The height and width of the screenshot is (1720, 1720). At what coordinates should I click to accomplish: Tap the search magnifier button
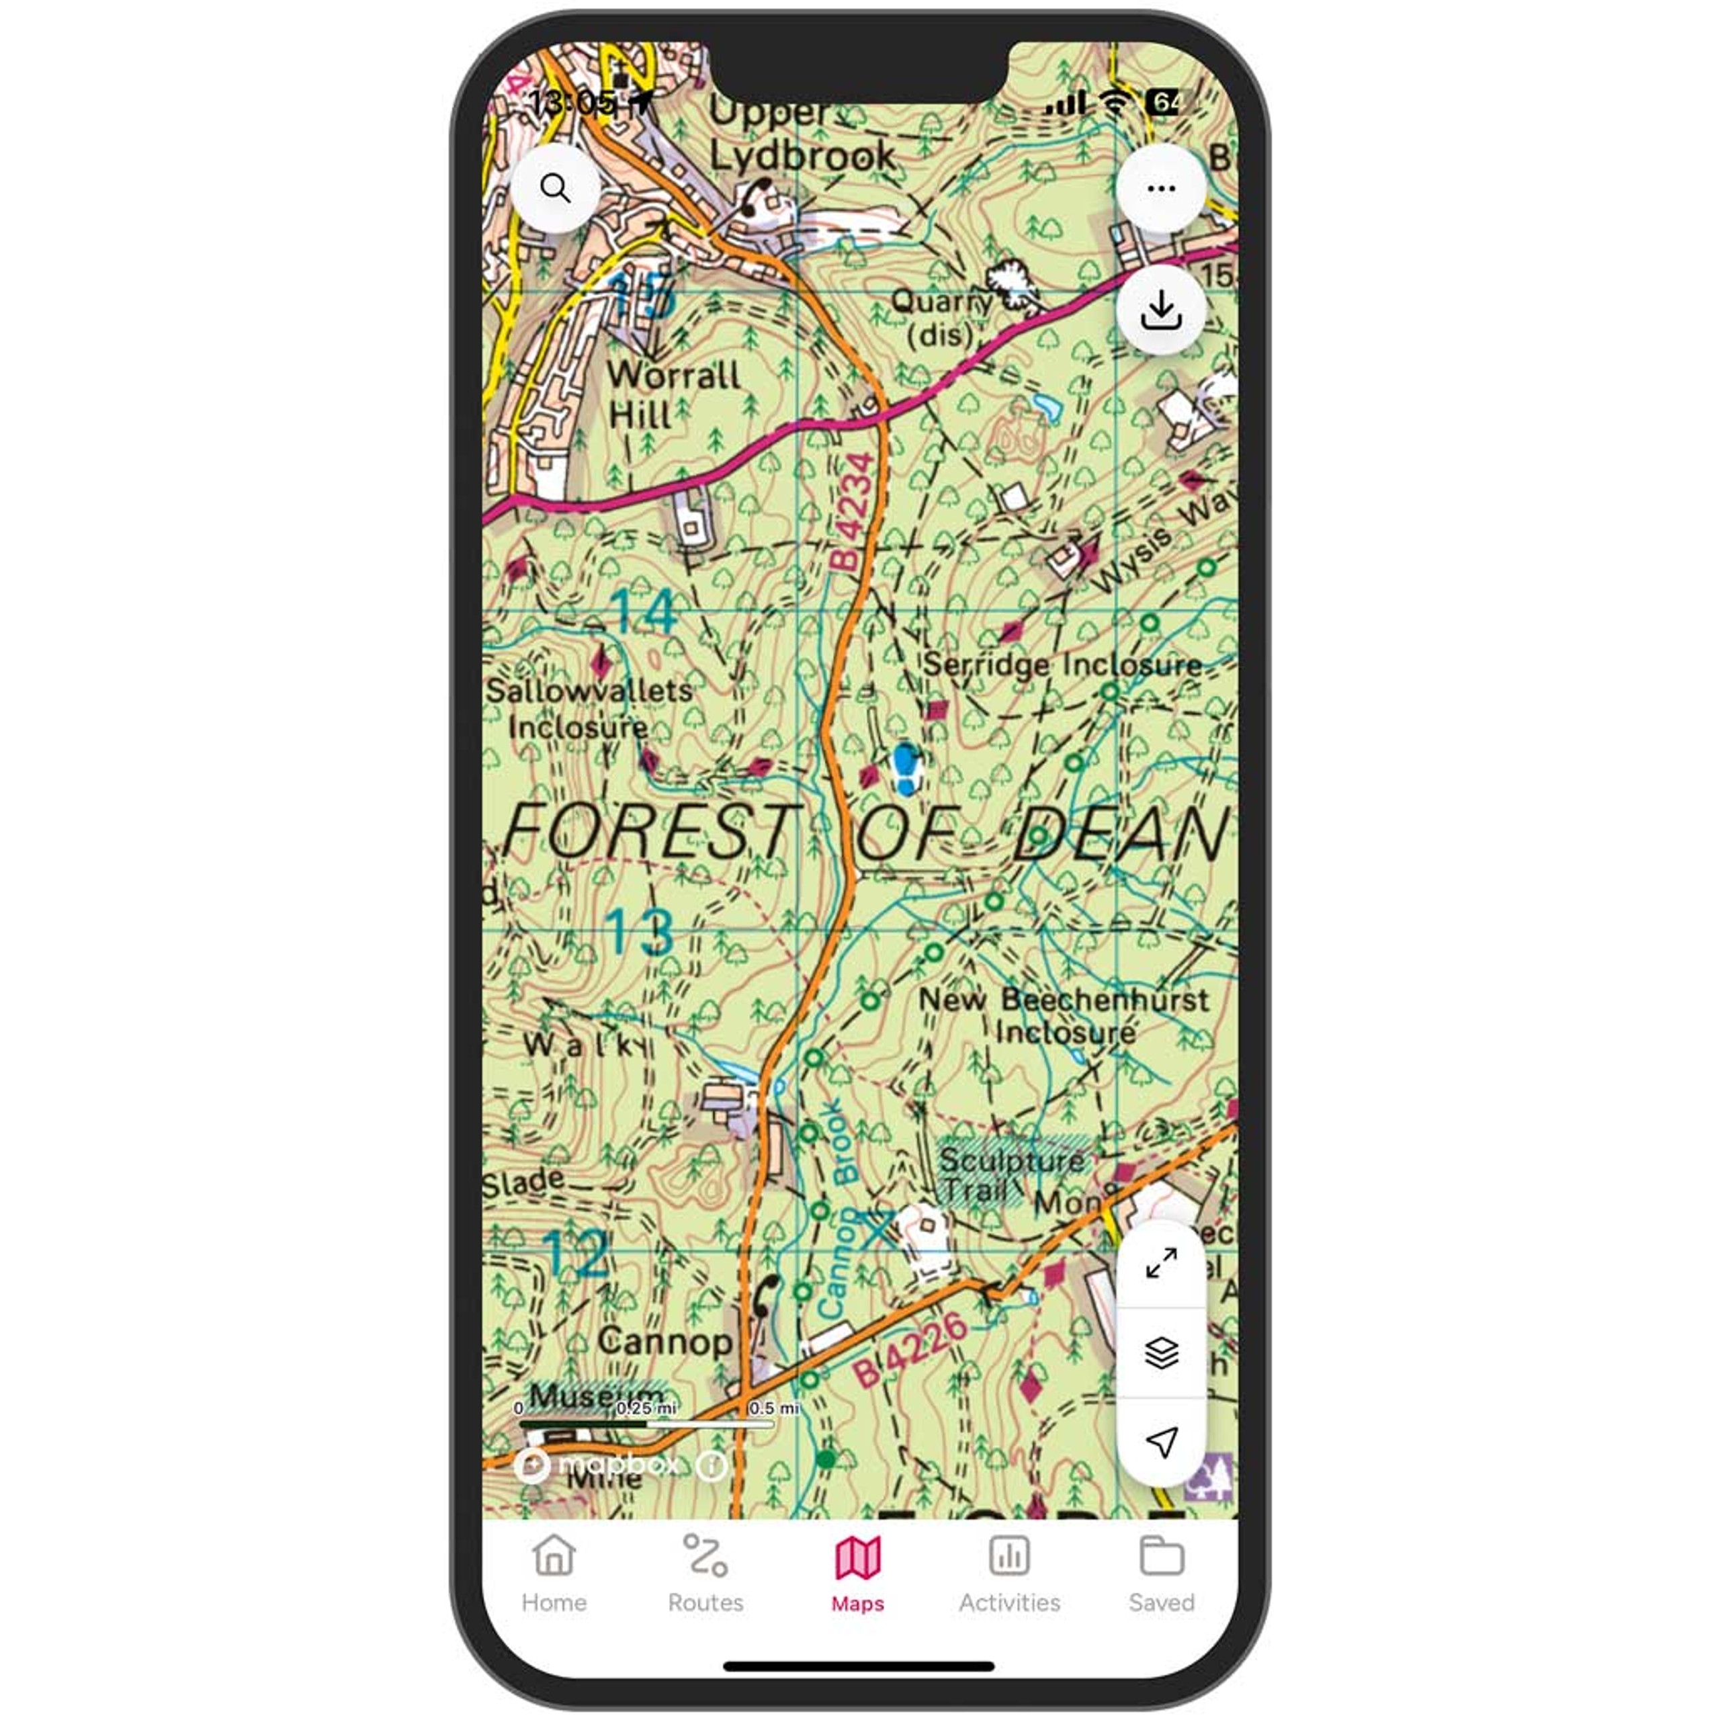pyautogui.click(x=556, y=189)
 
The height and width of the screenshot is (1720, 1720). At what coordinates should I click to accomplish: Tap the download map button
pyautogui.click(x=1161, y=310)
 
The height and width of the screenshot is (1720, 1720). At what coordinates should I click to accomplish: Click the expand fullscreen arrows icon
pyautogui.click(x=1161, y=1262)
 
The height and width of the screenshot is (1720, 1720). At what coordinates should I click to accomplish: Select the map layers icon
pyautogui.click(x=1161, y=1353)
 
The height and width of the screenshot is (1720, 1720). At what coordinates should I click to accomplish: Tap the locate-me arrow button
pyautogui.click(x=1161, y=1441)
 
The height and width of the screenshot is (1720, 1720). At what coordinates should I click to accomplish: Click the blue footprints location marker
pyautogui.click(x=906, y=769)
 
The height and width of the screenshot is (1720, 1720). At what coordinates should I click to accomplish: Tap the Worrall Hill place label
pyautogui.click(x=673, y=394)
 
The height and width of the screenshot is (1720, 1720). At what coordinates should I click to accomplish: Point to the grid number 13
pyautogui.click(x=639, y=931)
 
